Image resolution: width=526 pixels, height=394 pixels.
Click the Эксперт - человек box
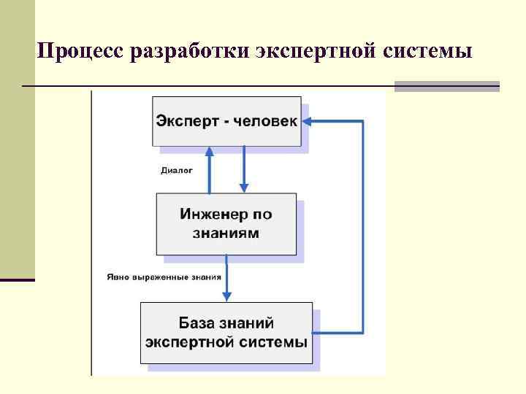[x=226, y=121]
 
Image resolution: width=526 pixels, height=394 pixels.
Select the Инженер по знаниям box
[x=226, y=223]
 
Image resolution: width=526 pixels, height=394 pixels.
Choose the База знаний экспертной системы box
[x=226, y=332]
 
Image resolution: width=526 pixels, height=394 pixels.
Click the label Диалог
[x=176, y=171]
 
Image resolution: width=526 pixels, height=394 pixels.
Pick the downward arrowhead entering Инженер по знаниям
[x=244, y=188]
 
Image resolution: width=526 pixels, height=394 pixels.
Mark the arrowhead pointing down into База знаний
[x=226, y=295]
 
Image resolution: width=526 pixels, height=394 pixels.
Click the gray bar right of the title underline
[x=446, y=86]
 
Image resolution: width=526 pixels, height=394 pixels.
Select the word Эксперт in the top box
[x=183, y=121]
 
